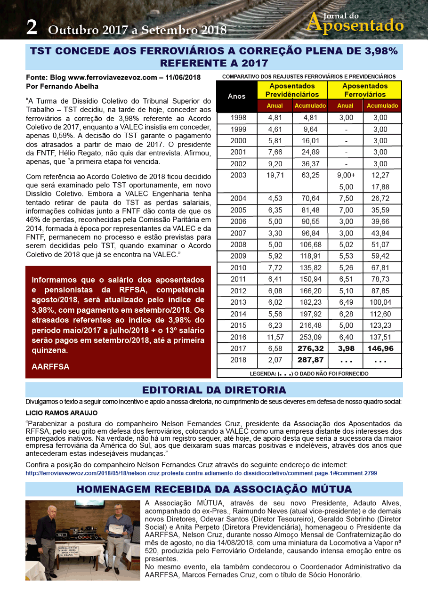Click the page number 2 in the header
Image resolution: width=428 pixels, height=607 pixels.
tap(32, 27)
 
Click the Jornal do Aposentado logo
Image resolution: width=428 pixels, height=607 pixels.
tap(355, 22)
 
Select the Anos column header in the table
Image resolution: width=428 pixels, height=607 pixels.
tap(236, 96)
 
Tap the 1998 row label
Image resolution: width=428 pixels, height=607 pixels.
tap(238, 118)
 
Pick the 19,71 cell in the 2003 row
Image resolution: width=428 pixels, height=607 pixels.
tap(275, 175)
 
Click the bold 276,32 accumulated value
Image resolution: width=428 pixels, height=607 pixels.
tap(310, 348)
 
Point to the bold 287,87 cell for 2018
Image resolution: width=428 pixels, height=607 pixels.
tap(310, 360)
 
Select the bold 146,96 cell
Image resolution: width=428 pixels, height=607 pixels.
tap(382, 348)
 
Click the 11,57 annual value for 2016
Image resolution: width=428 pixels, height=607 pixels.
tap(275, 337)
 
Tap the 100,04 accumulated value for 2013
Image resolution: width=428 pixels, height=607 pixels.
tap(382, 302)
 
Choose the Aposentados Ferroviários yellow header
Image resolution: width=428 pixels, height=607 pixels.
tap(365, 90)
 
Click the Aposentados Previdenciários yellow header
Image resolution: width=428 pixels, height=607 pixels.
tap(292, 90)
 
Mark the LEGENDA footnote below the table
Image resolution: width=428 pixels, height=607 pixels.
tap(309, 373)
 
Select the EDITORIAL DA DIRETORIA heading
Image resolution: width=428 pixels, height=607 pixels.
tap(214, 390)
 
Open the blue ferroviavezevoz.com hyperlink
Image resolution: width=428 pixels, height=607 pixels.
tap(201, 473)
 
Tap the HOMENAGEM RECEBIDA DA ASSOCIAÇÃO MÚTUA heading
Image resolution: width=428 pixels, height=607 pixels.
tap(214, 489)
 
